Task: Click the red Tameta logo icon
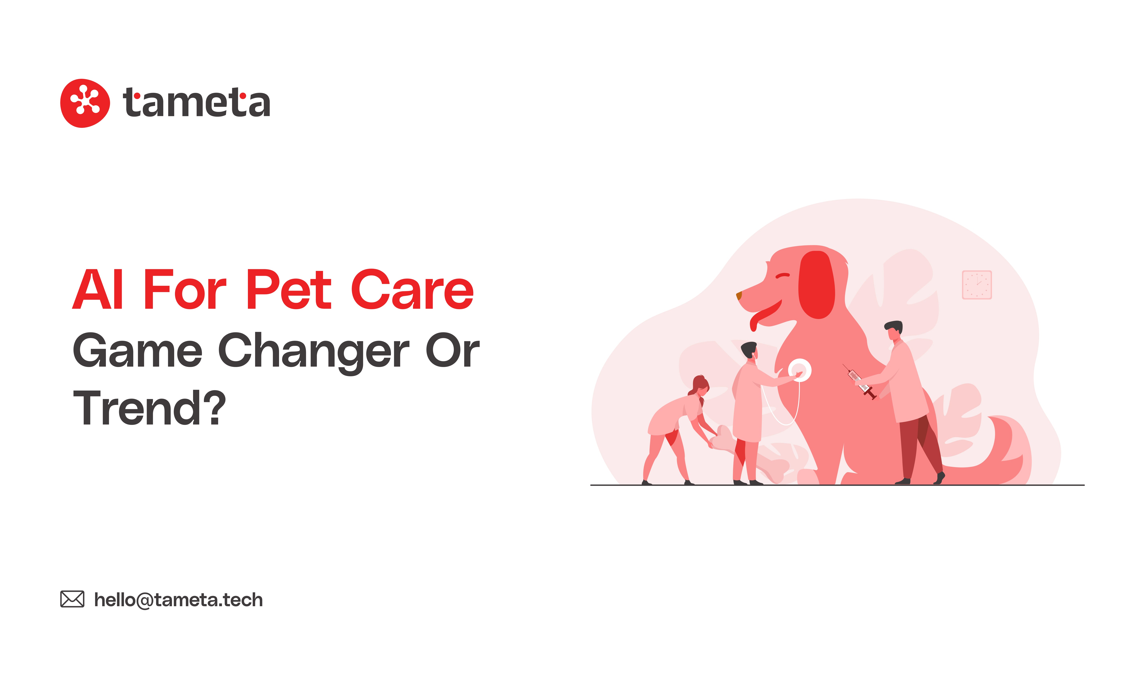(85, 103)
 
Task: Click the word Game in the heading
(137, 351)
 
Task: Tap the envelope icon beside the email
(72, 599)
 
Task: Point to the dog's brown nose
(739, 296)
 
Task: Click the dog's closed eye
(782, 276)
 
